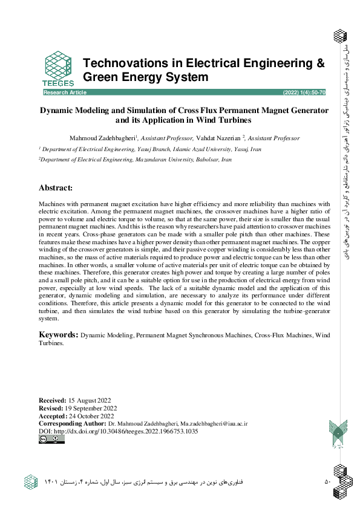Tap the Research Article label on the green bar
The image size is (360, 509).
(65, 92)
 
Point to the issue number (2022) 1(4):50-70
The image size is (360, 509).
(304, 92)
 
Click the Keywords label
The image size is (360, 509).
(58, 334)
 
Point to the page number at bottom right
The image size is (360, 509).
(327, 482)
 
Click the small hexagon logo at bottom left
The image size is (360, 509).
(31, 482)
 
